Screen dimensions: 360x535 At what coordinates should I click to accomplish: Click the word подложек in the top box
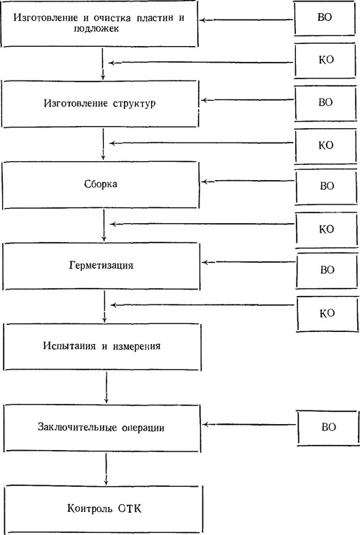(x=96, y=29)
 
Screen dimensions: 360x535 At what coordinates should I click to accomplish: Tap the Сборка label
(x=101, y=184)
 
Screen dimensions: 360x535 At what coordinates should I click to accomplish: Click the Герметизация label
(x=102, y=266)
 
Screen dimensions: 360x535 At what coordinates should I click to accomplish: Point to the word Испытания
(x=69, y=346)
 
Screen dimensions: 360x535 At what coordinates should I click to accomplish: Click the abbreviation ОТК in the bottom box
(x=130, y=509)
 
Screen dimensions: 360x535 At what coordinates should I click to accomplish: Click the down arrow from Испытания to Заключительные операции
(x=107, y=387)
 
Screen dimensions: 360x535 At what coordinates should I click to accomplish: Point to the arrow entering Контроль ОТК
(x=106, y=469)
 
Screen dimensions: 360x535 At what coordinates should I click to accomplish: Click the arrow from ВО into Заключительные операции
(x=249, y=425)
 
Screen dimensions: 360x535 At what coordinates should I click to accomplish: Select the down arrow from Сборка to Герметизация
(x=104, y=225)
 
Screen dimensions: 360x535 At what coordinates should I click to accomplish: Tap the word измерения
(x=137, y=346)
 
